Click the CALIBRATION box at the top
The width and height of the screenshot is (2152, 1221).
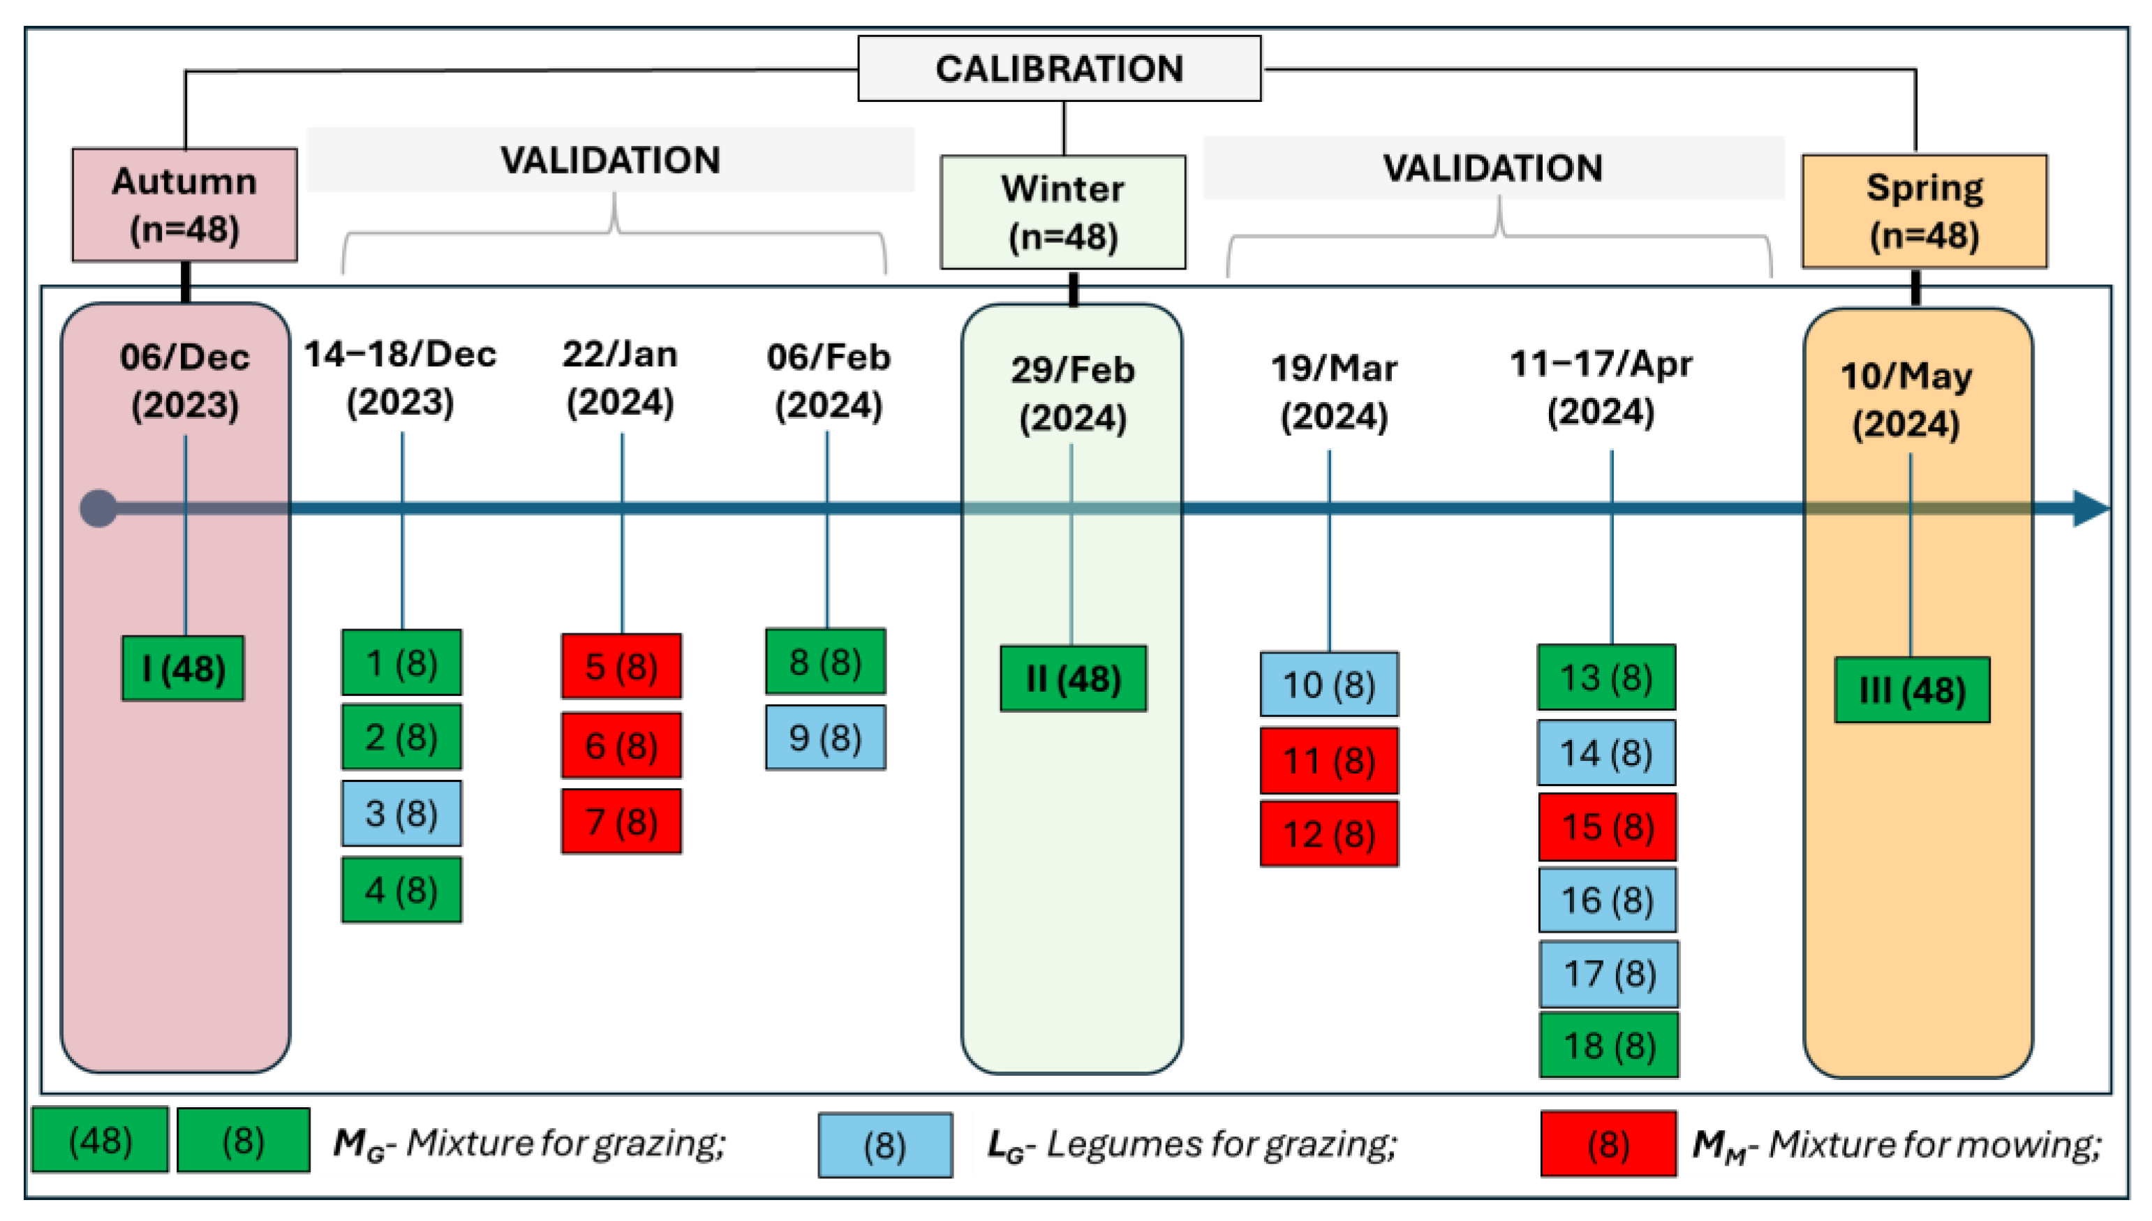pyautogui.click(x=1059, y=69)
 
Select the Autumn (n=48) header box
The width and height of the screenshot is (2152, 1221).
pyautogui.click(x=184, y=205)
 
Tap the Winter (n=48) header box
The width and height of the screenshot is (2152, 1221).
pyautogui.click(x=1062, y=212)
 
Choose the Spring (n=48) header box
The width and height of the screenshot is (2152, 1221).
pyautogui.click(x=1924, y=211)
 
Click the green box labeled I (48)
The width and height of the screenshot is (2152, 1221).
pyautogui.click(x=183, y=668)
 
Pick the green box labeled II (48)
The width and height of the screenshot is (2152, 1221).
pyautogui.click(x=1073, y=679)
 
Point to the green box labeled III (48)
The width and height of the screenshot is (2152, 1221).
pyautogui.click(x=1911, y=690)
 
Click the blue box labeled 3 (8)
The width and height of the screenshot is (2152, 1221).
pyautogui.click(x=401, y=813)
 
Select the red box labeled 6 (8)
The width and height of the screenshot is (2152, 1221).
pyautogui.click(x=621, y=746)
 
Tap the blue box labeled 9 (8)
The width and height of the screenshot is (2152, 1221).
pyautogui.click(x=825, y=738)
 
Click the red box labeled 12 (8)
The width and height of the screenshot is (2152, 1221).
pyautogui.click(x=1329, y=834)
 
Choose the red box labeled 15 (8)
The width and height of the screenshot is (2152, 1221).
pyautogui.click(x=1607, y=827)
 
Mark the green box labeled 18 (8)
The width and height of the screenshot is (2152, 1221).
pyautogui.click(x=1609, y=1046)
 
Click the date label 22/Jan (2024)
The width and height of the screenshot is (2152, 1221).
pyautogui.click(x=621, y=378)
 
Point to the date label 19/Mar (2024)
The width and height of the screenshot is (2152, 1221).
pyautogui.click(x=1334, y=392)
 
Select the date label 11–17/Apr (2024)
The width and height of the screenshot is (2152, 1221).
pyautogui.click(x=1601, y=388)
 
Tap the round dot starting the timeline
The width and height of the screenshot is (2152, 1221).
pyautogui.click(x=99, y=508)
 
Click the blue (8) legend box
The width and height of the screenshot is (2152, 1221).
pyautogui.click(x=884, y=1146)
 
